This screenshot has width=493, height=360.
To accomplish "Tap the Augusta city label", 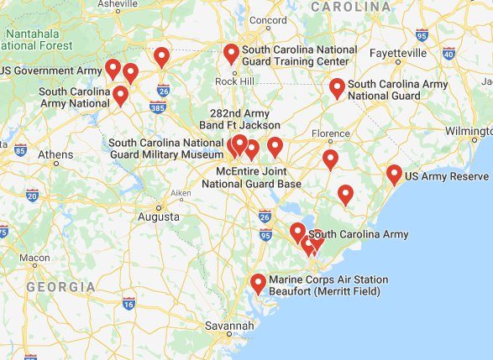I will pyautogui.click(x=159, y=216).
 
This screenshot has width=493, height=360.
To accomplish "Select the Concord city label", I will pyautogui.click(x=268, y=20).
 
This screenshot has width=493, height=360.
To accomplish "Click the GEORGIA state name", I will pyautogui.click(x=60, y=287).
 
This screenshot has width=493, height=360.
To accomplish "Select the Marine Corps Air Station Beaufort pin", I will pyautogui.click(x=258, y=283).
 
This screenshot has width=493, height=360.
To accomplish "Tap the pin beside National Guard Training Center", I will pyautogui.click(x=231, y=54).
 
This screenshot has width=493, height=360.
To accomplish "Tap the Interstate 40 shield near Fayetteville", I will pyautogui.click(x=448, y=53).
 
